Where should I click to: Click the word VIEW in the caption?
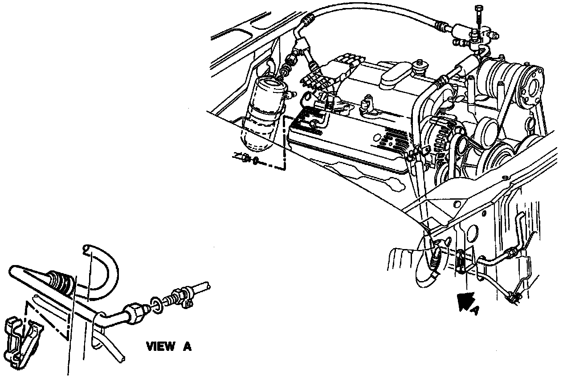(161, 346)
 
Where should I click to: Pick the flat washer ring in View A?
(156, 303)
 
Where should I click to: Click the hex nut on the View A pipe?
(136, 312)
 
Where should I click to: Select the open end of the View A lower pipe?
(120, 355)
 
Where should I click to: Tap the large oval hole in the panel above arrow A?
(473, 232)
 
